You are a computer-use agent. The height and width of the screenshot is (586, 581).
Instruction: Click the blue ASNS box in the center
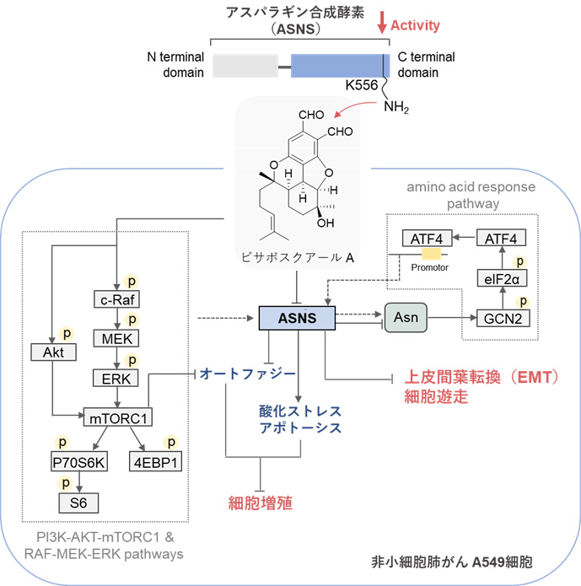click(x=296, y=318)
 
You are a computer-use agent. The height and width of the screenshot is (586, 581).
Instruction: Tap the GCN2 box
click(x=502, y=320)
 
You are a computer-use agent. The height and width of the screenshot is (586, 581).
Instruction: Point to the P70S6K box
click(x=78, y=461)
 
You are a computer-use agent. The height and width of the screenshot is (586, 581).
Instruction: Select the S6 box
click(x=78, y=503)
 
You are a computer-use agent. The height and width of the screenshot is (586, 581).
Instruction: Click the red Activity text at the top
click(x=416, y=25)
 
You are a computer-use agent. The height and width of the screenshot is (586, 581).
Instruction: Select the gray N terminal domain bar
click(x=245, y=66)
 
